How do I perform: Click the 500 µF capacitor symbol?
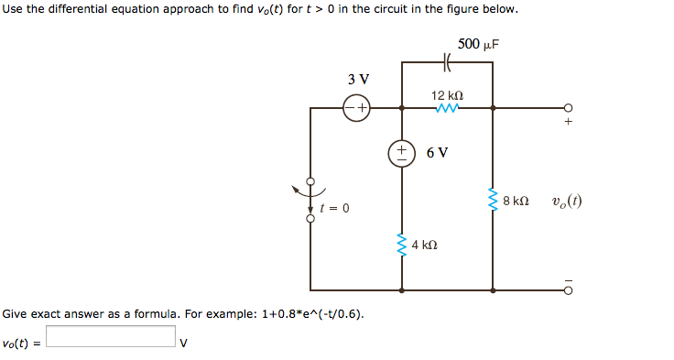(448, 63)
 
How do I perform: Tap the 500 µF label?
(479, 44)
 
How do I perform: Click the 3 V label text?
(358, 79)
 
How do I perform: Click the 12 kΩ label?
(448, 95)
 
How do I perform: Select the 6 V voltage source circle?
(403, 152)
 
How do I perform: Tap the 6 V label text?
(438, 152)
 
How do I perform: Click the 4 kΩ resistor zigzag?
(402, 245)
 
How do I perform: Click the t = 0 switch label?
(334, 209)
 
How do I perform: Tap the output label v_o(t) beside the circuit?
(567, 202)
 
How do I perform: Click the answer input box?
(111, 337)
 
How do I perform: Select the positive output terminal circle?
(568, 108)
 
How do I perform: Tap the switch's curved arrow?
(301, 192)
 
